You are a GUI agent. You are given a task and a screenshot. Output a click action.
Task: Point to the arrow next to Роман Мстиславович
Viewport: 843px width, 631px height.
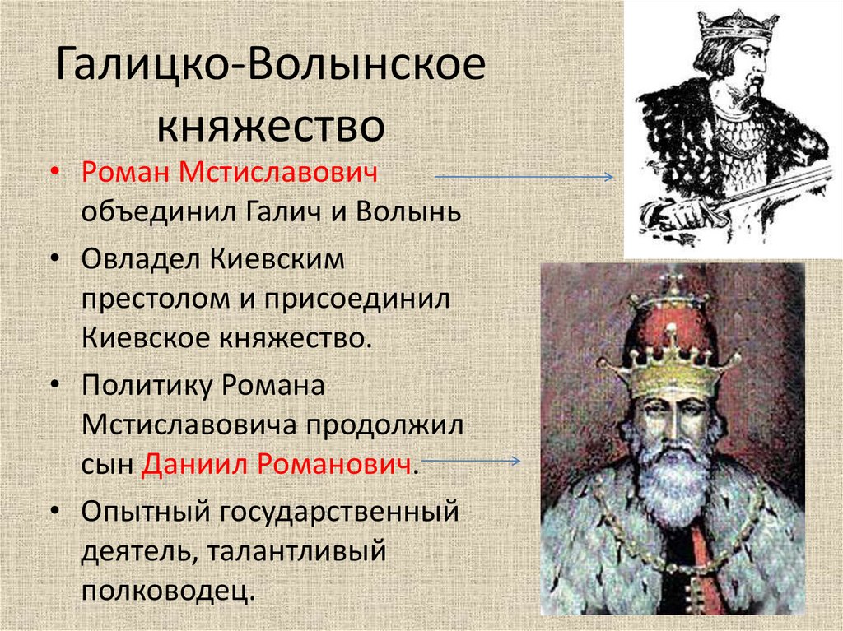pos(523,177)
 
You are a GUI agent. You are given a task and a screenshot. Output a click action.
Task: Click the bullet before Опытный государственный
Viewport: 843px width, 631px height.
pos(54,511)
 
